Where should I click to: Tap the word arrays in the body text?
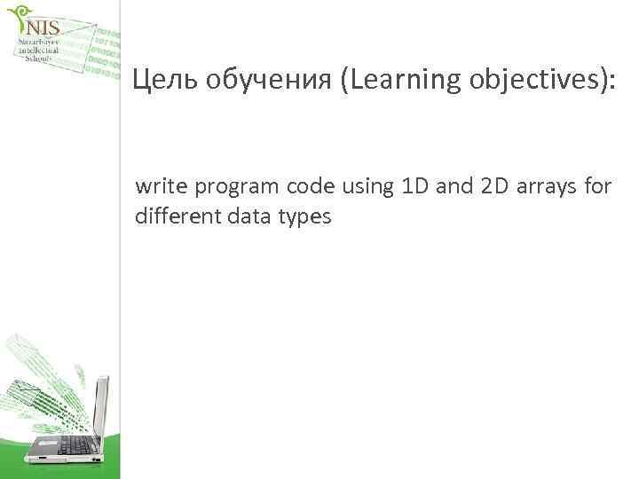tap(543, 189)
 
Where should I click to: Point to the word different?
tap(174, 215)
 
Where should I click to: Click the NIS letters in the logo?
tap(42, 28)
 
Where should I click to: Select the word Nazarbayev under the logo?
tap(39, 42)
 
